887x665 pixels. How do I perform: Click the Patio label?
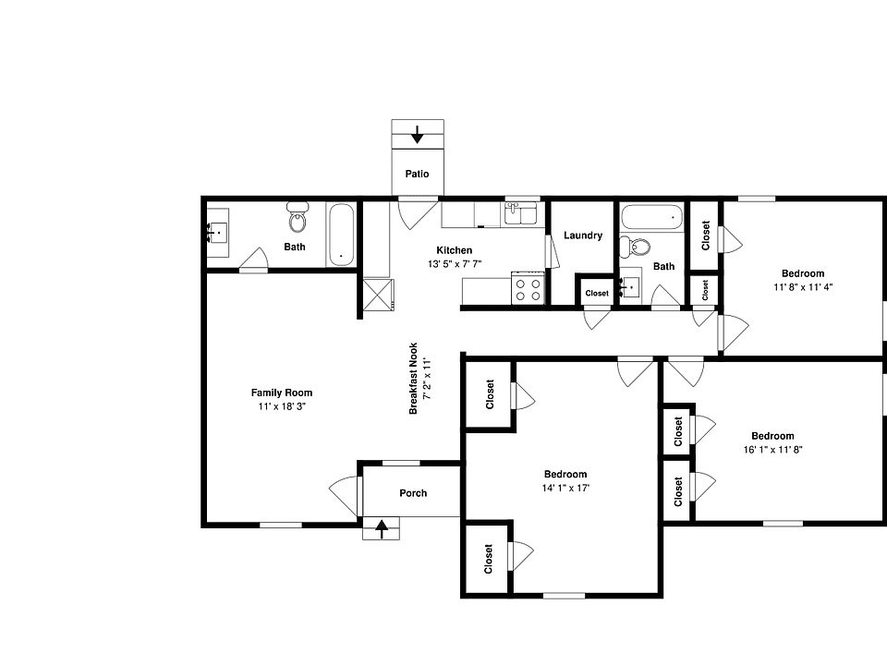[x=417, y=174]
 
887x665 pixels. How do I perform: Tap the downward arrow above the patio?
[x=417, y=135]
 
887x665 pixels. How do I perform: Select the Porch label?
[x=413, y=493]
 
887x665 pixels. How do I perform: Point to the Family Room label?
[x=282, y=393]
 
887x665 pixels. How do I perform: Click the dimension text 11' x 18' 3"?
[x=282, y=406]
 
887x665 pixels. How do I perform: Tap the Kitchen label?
[x=455, y=250]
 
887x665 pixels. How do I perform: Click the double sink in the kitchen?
[x=522, y=214]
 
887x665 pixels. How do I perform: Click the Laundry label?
[x=583, y=236]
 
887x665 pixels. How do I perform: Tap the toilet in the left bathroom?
[x=298, y=220]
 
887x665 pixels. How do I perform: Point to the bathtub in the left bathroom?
[x=341, y=235]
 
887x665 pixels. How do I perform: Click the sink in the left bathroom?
[x=219, y=235]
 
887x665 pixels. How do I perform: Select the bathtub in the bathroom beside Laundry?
[x=651, y=218]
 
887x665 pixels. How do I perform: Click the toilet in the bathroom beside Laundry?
[x=635, y=247]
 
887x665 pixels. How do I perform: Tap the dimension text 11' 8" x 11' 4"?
[x=803, y=286]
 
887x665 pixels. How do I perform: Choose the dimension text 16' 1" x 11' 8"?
[x=772, y=450]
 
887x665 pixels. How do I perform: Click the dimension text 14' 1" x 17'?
[x=565, y=488]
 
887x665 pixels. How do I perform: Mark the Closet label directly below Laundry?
[x=597, y=294]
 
